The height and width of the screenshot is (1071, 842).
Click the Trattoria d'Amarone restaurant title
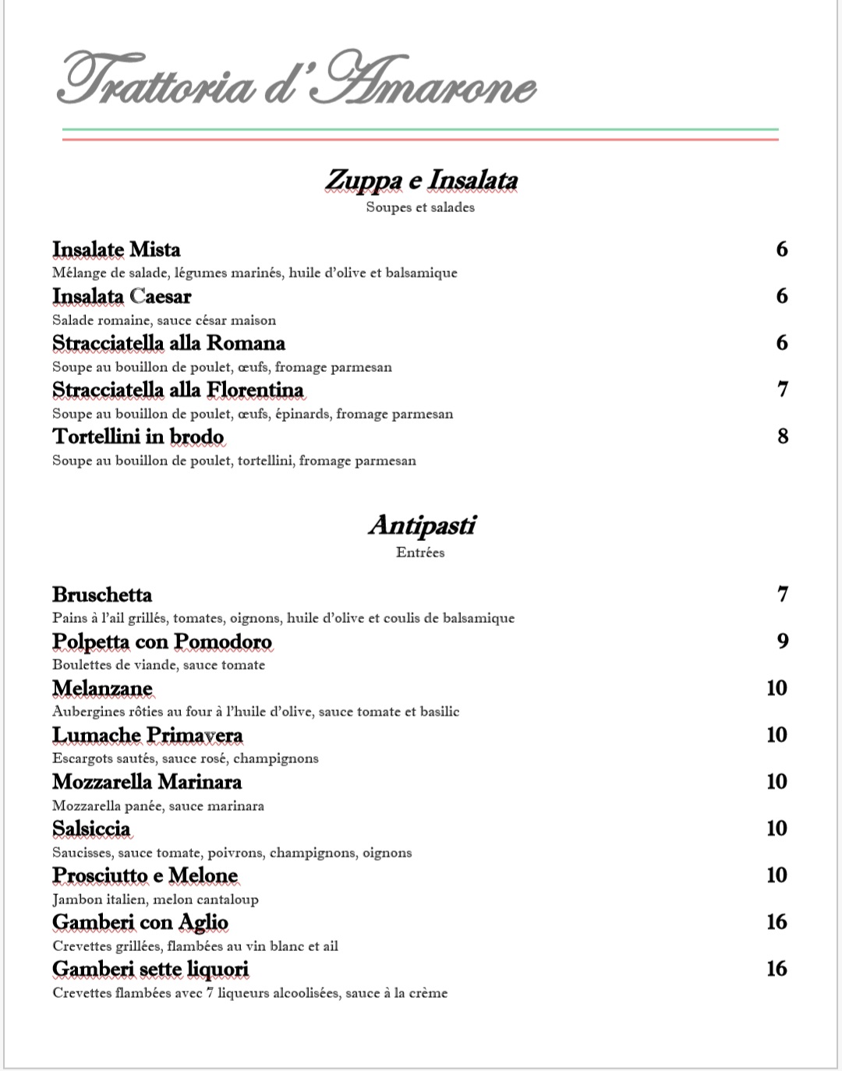[296, 80]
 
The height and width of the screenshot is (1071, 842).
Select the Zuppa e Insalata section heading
[421, 180]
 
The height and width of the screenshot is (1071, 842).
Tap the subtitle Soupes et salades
[420, 207]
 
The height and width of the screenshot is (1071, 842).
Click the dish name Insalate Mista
[116, 249]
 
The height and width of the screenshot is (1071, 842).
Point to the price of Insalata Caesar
[781, 296]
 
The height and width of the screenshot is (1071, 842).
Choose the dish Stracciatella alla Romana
[168, 343]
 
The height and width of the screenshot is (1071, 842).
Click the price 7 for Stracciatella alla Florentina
[783, 390]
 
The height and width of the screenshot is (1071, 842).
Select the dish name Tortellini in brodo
[138, 437]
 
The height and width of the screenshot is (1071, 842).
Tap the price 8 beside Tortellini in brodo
[783, 437]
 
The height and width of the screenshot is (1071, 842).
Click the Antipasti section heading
[421, 525]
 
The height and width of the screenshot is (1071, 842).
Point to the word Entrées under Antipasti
[420, 553]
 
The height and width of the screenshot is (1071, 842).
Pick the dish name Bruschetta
[102, 595]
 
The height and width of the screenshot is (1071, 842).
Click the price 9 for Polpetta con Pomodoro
[783, 642]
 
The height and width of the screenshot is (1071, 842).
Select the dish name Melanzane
[102, 688]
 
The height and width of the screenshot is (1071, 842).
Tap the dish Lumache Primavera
[147, 735]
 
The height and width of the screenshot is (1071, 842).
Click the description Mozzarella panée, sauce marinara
[158, 806]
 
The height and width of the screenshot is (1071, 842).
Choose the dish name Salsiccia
[91, 829]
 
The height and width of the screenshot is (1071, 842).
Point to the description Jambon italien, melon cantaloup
[155, 900]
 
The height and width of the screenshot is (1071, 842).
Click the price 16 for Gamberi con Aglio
[777, 922]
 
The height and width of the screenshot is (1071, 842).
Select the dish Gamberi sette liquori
[150, 969]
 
